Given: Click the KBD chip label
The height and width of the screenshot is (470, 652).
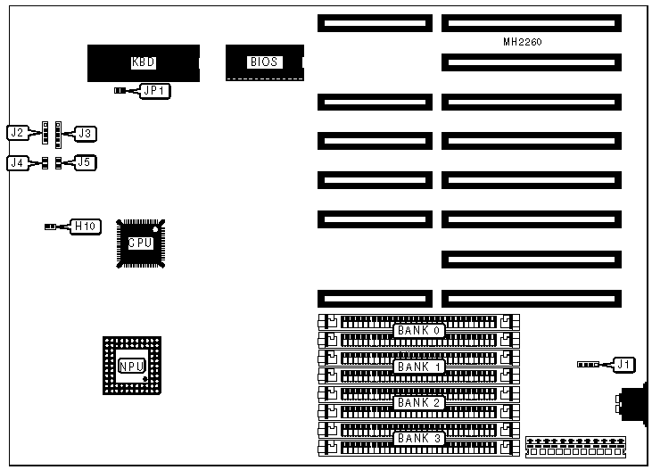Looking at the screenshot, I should (144, 62).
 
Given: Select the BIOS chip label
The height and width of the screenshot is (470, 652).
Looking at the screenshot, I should (264, 62).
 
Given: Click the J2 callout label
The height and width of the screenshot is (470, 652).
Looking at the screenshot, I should (16, 133).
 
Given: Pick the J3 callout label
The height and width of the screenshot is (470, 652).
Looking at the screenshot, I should (85, 133).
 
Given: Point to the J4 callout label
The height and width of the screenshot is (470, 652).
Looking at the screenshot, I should (16, 162).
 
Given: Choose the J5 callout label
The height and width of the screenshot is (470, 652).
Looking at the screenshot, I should (84, 162).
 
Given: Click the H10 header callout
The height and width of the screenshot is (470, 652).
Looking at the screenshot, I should (84, 227).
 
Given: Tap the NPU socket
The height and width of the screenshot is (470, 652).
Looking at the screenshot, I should (131, 366).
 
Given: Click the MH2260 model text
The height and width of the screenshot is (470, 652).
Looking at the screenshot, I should (523, 42).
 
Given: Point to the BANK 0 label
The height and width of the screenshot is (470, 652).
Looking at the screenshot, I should (419, 331).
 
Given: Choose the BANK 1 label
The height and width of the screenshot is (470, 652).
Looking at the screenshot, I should (419, 367).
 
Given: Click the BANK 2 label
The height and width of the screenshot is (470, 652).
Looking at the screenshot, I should (419, 402).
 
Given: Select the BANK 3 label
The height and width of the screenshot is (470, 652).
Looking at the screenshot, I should (419, 438).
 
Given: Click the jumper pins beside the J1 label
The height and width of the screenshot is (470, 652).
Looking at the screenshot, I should (588, 364).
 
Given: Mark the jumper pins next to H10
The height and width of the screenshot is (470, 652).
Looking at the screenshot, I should (51, 227).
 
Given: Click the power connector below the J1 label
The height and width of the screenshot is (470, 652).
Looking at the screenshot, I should (575, 446).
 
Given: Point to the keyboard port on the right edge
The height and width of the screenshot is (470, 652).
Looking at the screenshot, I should (633, 405).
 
